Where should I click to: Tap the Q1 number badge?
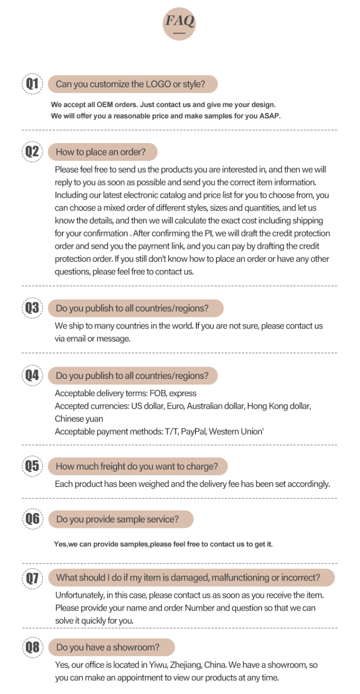pos(32,84)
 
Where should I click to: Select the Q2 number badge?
pos(32,152)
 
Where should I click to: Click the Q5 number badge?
pos(32,466)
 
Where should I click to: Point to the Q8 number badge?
pos(32,647)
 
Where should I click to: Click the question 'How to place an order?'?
pos(101,152)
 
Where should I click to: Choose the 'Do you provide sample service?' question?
pos(118,519)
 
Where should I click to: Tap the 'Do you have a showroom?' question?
pos(108,647)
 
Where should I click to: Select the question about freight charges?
pos(137,467)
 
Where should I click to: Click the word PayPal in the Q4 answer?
pos(193,431)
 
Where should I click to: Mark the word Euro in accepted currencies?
pos(175,406)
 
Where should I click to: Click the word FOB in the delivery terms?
pos(158,394)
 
